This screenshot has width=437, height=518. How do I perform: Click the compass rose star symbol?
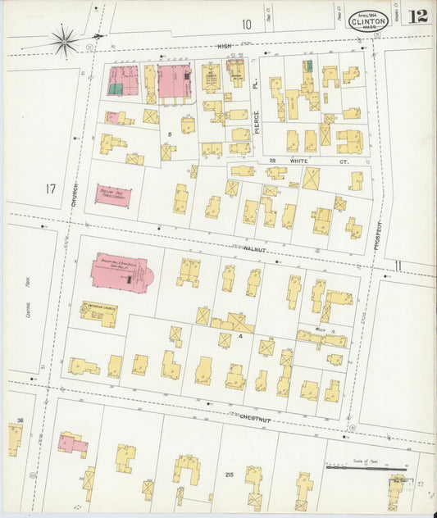click(64, 38)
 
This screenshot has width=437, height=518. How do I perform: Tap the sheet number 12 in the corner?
click(418, 16)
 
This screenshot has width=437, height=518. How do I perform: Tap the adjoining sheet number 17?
click(51, 190)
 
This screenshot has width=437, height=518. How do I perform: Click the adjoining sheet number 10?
click(246, 25)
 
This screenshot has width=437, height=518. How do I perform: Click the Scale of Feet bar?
click(365, 469)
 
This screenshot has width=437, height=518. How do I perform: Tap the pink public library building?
click(112, 195)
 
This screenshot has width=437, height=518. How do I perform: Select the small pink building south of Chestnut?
click(72, 445)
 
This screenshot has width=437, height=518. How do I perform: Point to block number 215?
click(228, 475)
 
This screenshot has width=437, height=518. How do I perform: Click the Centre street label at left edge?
click(27, 311)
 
